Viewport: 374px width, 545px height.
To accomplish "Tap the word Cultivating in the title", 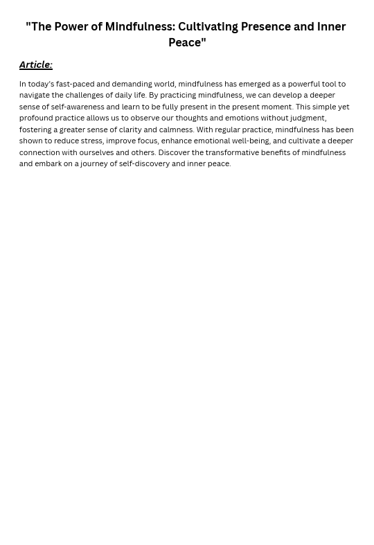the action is coord(208,27).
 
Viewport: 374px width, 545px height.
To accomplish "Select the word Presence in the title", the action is coord(265,27).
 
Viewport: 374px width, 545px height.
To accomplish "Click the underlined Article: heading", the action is coord(35,65).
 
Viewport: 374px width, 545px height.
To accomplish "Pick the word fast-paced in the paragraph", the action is coord(75,84).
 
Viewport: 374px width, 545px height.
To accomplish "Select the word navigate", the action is coord(35,96).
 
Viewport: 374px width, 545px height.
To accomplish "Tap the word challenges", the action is coord(84,96).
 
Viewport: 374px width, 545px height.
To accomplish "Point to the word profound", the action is coord(35,118).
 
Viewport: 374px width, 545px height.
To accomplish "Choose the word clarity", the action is coord(130,129).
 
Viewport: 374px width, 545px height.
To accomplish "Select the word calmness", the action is coord(176,129).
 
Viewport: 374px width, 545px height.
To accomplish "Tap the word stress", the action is coord(91,141).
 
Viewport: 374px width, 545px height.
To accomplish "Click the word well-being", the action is coord(250,141).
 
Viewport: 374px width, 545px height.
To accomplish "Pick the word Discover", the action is coord(174,152).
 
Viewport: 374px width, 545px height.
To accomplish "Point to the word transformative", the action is coord(233,152).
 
